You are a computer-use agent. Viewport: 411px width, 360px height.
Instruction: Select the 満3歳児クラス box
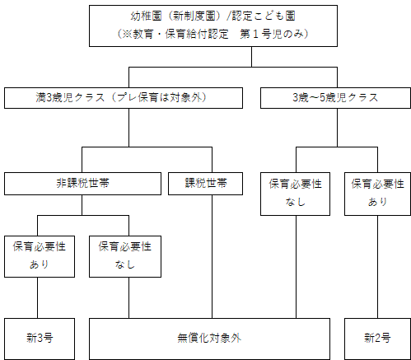tap(124, 97)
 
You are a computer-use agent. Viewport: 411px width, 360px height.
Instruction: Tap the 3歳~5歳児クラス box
tap(334, 97)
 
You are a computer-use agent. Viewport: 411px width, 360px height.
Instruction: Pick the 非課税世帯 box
tap(82, 183)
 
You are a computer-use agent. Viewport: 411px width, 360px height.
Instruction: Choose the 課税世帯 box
tap(204, 183)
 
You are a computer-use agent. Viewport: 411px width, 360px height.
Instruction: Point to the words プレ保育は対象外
tap(170, 97)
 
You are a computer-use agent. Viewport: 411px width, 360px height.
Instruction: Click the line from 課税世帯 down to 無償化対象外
tap(213, 255)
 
